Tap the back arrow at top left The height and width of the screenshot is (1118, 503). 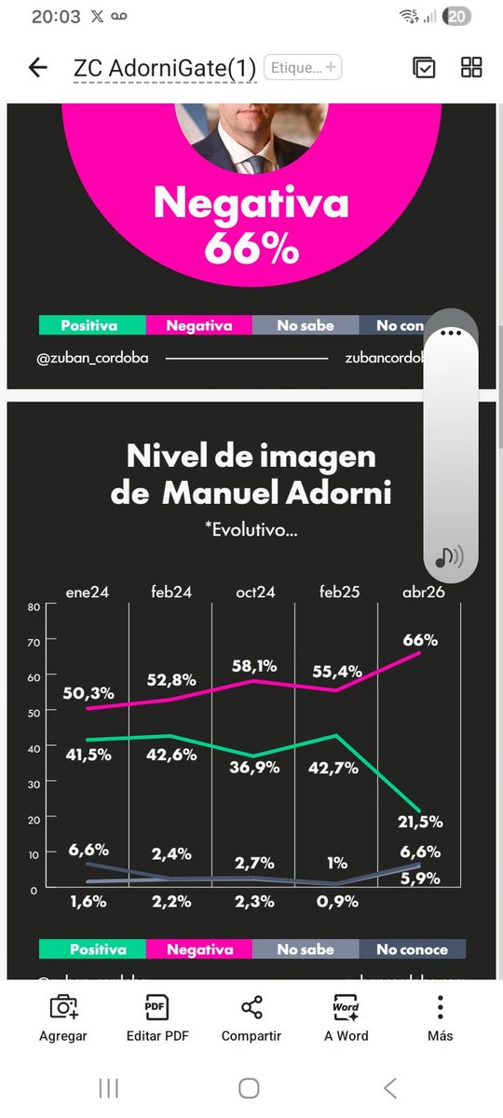pos(38,67)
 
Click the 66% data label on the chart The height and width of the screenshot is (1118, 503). pos(420,640)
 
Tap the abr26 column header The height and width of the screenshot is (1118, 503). pos(424,593)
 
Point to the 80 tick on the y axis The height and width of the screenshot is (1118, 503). pos(34,607)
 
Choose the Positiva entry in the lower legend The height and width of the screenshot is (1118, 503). pos(92,949)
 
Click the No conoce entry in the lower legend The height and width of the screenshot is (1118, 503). pos(412,949)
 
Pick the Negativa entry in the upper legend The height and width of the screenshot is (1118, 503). pos(198,325)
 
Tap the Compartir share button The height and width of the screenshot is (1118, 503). pos(251,1017)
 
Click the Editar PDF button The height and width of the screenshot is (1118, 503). pos(156,1017)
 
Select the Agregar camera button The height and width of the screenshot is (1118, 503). pos(63,1017)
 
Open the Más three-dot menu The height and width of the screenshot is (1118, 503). pos(440,1017)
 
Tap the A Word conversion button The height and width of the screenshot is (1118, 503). pos(346,1017)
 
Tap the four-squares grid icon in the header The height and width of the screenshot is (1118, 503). pos(471,67)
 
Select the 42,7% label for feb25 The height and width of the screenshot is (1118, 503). pos(337,755)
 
